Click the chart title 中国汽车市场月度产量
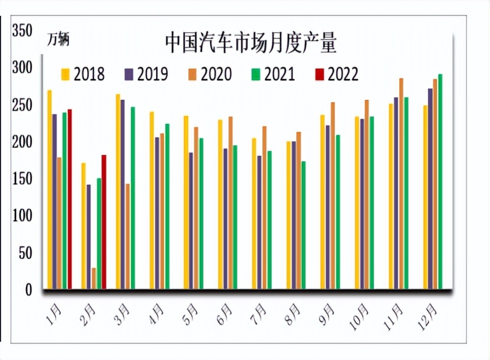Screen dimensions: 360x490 click(x=250, y=42)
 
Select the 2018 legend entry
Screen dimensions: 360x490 click(x=83, y=74)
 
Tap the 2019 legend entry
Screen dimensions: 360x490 click(x=146, y=74)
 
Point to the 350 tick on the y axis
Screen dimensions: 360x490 click(x=23, y=31)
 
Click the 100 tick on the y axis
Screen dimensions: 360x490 click(x=23, y=216)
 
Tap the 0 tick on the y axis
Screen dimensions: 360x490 click(x=28, y=290)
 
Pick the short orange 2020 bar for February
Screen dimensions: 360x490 click(x=94, y=278)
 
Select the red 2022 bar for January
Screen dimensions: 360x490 click(x=69, y=199)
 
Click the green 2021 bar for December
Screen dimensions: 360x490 click(x=440, y=181)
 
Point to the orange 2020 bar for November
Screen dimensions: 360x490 click(x=401, y=183)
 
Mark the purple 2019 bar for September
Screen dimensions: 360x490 click(x=328, y=207)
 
